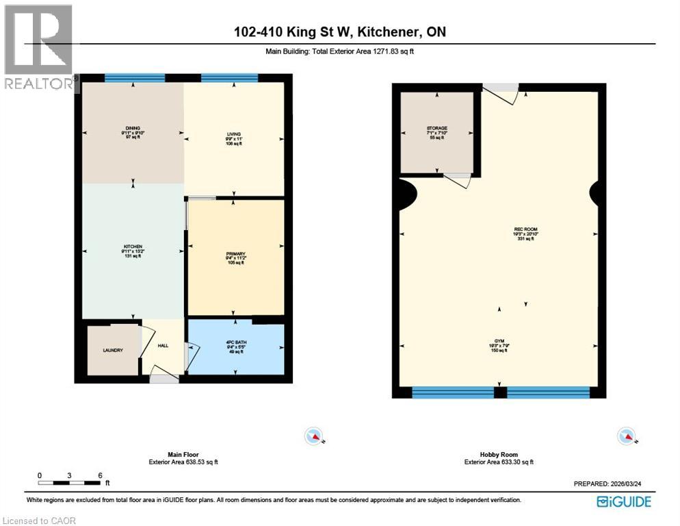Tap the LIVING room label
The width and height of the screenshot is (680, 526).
[x=235, y=134]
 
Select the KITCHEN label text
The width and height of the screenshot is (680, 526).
[x=132, y=246]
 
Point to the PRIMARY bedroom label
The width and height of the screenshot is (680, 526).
[x=235, y=253]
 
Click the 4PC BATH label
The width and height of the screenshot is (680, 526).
[x=235, y=341]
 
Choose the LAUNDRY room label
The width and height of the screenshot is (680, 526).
[x=113, y=350]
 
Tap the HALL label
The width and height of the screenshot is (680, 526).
[x=163, y=346]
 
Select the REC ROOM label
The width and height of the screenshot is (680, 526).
[x=504, y=229]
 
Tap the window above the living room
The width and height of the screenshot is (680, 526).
[x=228, y=77]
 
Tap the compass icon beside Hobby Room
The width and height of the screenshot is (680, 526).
[x=626, y=436]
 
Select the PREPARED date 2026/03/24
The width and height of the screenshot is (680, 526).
[x=612, y=484]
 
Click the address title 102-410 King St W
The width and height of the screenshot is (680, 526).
[x=339, y=32]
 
